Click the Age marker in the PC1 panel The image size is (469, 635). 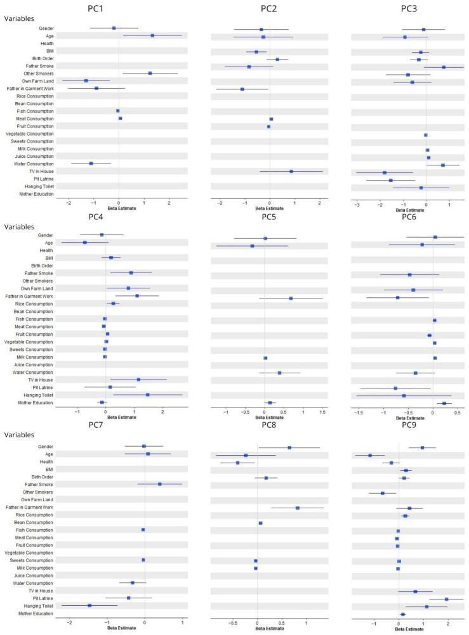[x=152, y=36]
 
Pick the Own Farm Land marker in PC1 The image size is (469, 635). [x=86, y=81]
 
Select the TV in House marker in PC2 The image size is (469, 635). [x=291, y=171]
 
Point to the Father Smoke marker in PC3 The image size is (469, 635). [x=444, y=67]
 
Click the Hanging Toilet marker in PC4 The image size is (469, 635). [x=147, y=395]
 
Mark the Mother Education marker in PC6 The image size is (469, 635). [x=444, y=403]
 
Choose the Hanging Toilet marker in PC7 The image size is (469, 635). [x=89, y=606]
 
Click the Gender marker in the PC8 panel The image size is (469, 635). [x=289, y=447]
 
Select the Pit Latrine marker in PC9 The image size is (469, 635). [x=447, y=599]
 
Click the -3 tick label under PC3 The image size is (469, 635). [x=357, y=203]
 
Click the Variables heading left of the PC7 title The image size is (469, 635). [x=20, y=435]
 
